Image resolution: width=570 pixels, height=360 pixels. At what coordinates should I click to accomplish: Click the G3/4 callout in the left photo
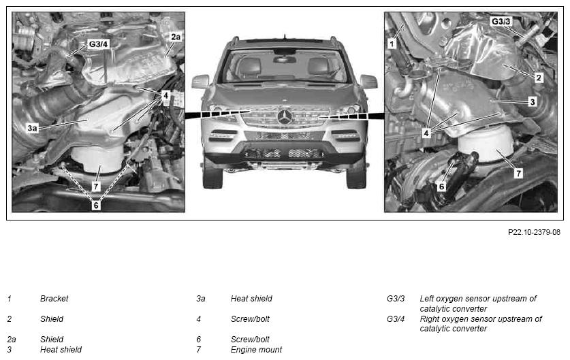click(98, 44)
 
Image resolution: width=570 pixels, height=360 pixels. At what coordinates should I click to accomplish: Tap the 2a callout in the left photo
click(176, 37)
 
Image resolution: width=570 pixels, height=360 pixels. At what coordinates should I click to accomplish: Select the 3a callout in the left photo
click(32, 128)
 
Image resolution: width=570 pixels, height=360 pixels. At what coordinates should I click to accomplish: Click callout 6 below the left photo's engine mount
click(95, 206)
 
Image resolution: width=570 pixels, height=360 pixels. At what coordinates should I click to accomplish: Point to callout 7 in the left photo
click(95, 186)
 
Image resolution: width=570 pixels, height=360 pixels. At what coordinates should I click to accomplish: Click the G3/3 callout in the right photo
click(501, 21)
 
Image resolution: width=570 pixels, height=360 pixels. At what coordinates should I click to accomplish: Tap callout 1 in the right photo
click(392, 44)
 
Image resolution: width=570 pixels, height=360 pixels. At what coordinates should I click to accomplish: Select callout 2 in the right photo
click(539, 78)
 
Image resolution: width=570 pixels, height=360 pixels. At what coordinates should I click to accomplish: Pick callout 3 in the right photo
click(533, 101)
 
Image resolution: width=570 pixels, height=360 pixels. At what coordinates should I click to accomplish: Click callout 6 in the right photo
click(441, 186)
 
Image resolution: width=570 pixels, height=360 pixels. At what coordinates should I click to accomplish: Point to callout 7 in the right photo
click(519, 174)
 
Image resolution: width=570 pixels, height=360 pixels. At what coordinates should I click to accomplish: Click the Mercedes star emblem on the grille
click(285, 117)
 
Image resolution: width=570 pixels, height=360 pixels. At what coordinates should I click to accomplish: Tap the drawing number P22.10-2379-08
click(534, 232)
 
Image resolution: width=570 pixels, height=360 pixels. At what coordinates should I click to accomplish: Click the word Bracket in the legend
click(54, 299)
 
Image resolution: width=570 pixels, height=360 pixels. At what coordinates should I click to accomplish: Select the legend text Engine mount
click(256, 350)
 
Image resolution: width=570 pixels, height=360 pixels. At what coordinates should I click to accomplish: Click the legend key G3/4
click(396, 319)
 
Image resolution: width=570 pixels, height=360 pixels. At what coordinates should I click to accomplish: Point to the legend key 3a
click(201, 299)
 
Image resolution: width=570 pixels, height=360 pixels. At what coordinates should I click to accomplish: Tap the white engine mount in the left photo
click(97, 159)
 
